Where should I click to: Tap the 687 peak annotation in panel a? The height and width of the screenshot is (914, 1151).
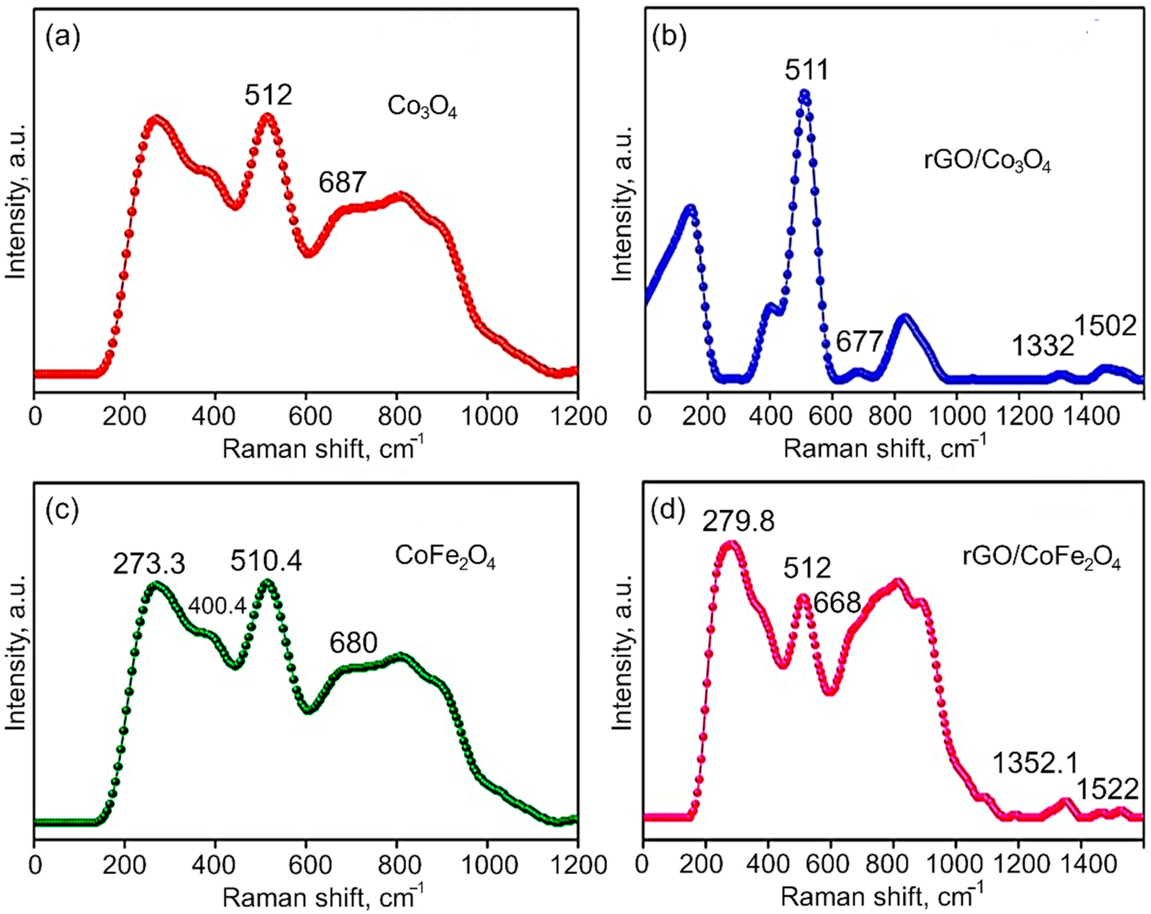[342, 182]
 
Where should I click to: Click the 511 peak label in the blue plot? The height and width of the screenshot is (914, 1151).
[807, 70]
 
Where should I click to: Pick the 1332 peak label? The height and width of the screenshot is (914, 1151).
[1043, 346]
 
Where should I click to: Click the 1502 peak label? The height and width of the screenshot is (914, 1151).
[1105, 325]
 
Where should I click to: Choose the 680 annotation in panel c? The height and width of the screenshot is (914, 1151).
[353, 643]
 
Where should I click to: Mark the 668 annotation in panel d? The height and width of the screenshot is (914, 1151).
[837, 603]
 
